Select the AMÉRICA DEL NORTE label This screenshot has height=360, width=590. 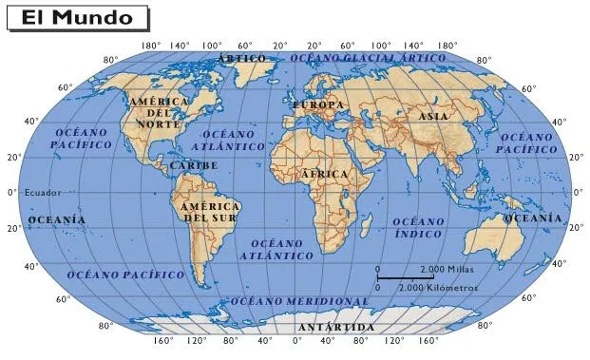[159, 113]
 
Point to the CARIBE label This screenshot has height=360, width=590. [194, 165]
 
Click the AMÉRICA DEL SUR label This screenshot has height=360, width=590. [209, 213]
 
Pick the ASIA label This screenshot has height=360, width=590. [432, 116]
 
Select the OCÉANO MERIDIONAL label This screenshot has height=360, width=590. [299, 301]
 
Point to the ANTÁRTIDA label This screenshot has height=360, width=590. [335, 328]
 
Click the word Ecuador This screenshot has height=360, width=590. [43, 193]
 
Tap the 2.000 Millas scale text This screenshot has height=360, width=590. [447, 270]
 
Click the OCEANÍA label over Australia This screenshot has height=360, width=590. [532, 218]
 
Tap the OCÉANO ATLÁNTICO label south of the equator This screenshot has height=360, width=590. [276, 250]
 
